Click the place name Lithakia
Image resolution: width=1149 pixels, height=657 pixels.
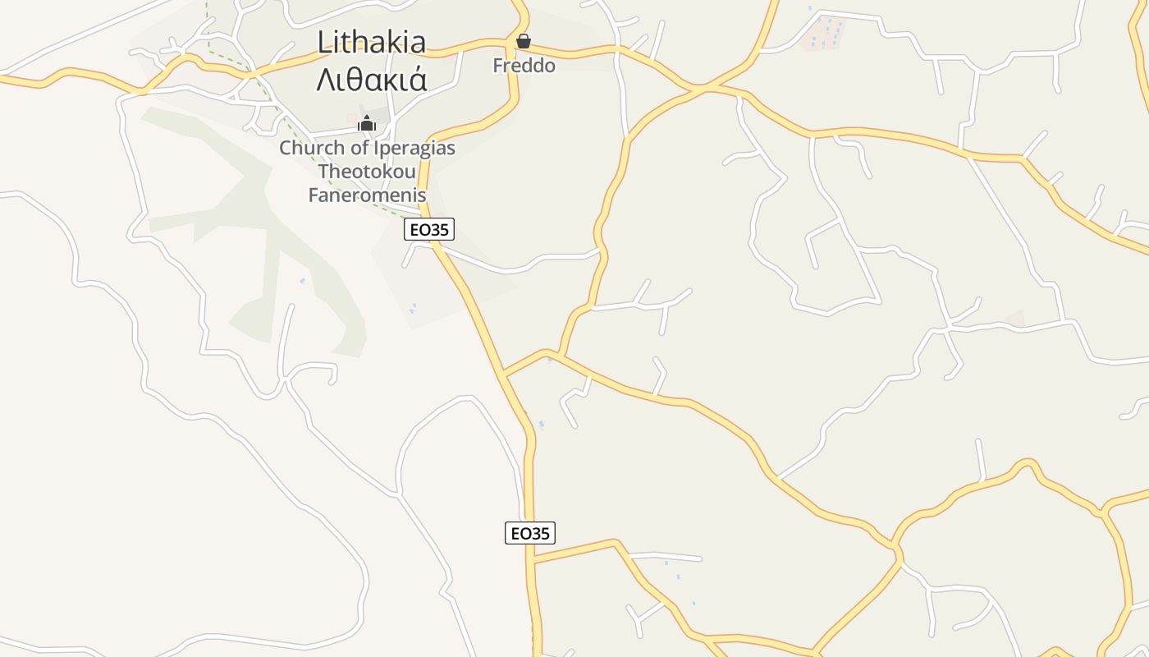(371, 43)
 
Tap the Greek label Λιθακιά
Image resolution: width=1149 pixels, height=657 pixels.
(371, 80)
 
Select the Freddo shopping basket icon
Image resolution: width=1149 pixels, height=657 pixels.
(524, 41)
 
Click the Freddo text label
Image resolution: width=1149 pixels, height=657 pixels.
(524, 66)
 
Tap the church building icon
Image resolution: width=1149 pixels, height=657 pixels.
(367, 124)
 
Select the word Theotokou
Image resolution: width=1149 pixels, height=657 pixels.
(367, 172)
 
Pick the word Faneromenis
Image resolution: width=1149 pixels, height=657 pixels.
(367, 195)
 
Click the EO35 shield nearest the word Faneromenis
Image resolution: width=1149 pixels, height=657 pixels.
(428, 229)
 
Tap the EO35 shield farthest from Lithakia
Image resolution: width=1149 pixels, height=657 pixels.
(529, 533)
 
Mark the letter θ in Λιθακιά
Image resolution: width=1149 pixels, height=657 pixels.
(353, 80)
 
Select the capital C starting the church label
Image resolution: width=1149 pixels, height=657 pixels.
(286, 149)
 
